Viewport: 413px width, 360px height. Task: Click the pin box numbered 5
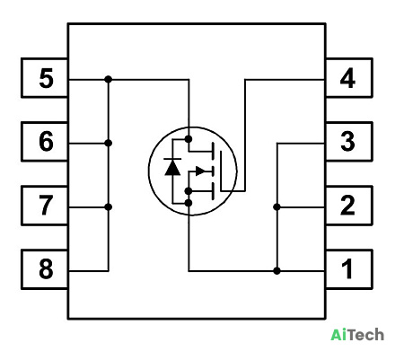pos(45,78)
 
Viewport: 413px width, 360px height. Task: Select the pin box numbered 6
pos(45,142)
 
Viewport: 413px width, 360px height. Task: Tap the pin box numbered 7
pos(45,206)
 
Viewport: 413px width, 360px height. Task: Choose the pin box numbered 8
pos(45,269)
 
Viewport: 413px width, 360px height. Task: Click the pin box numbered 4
pos(349,78)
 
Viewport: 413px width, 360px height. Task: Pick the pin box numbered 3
pos(349,142)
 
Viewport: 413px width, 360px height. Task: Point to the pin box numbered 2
pos(349,206)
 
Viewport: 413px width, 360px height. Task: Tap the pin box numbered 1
pos(349,269)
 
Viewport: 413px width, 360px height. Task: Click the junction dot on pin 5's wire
pos(109,79)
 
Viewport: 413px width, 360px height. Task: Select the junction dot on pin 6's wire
pos(109,143)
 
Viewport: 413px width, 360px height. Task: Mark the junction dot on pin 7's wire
pos(109,206)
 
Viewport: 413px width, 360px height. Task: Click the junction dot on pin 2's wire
pos(277,206)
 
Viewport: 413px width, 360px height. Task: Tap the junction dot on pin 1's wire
pos(277,271)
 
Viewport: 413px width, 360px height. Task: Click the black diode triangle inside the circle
pos(172,168)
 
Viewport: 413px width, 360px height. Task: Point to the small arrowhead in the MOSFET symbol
pos(200,171)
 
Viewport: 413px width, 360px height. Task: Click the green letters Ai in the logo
pos(339,335)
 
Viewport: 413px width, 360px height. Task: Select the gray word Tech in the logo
pos(366,335)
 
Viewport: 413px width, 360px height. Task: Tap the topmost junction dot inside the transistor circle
pos(189,139)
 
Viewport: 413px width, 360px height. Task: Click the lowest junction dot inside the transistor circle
pos(189,203)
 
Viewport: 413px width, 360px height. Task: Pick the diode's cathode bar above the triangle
pos(172,159)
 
